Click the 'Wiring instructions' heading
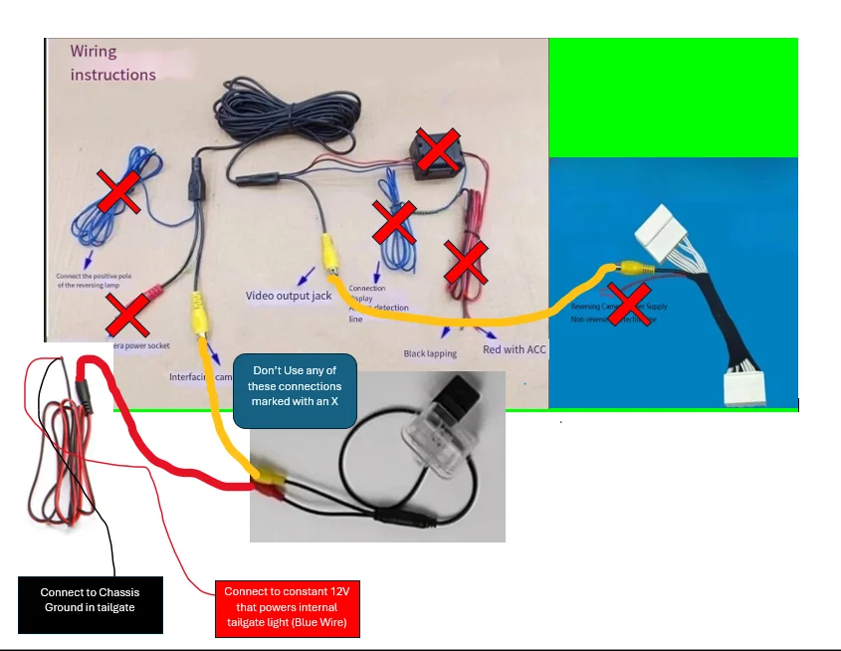pyautogui.click(x=112, y=63)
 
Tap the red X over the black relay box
pyautogui.click(x=439, y=148)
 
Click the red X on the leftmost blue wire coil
pyautogui.click(x=117, y=189)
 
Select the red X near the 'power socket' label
pyautogui.click(x=128, y=315)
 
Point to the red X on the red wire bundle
pyautogui.click(x=464, y=261)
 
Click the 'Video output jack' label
pyautogui.click(x=289, y=296)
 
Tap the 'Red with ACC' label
pyautogui.click(x=514, y=349)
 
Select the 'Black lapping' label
pyautogui.click(x=430, y=353)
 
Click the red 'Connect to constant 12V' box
pyautogui.click(x=287, y=609)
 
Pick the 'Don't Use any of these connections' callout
pyautogui.click(x=288, y=393)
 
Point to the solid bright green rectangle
pyautogui.click(x=673, y=98)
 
